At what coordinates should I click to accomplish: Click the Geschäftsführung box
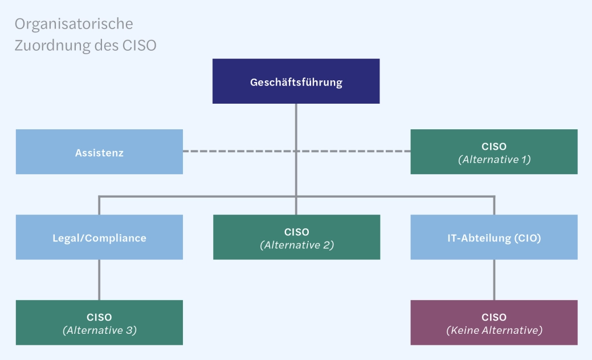(296, 81)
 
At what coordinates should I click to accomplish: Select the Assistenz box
(99, 152)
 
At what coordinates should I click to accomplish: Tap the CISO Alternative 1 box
(493, 152)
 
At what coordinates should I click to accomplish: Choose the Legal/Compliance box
(99, 238)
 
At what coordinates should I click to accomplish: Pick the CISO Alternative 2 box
(296, 238)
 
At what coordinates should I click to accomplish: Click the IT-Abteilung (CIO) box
(493, 238)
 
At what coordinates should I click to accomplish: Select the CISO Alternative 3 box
(99, 322)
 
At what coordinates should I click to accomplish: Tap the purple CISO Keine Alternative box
(493, 322)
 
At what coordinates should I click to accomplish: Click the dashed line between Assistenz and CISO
(239, 152)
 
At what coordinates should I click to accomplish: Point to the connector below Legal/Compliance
(99, 280)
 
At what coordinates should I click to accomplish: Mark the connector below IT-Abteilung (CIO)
(494, 280)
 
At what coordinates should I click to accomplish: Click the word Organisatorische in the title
(74, 24)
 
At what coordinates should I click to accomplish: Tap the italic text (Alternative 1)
(494, 159)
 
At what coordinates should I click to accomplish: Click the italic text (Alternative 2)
(296, 245)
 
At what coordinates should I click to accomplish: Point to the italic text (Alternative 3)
(99, 330)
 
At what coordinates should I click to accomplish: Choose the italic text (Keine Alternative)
(494, 330)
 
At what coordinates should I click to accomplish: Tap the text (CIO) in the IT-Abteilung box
(528, 238)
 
